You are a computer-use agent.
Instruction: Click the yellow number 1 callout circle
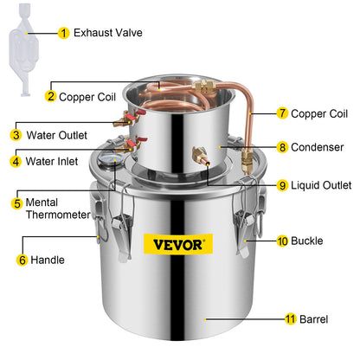[x=63, y=33]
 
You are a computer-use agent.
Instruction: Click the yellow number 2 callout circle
[x=51, y=97]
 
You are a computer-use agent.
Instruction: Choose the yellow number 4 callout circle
[x=16, y=159]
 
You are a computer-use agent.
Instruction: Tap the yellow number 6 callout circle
[x=22, y=258]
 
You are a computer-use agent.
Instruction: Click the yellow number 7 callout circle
[x=282, y=113]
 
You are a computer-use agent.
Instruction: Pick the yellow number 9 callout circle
[x=282, y=184]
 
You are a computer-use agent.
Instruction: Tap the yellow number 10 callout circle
[x=282, y=241]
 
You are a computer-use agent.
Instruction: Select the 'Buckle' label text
[x=307, y=241]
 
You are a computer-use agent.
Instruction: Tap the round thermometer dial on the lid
[x=109, y=159]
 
